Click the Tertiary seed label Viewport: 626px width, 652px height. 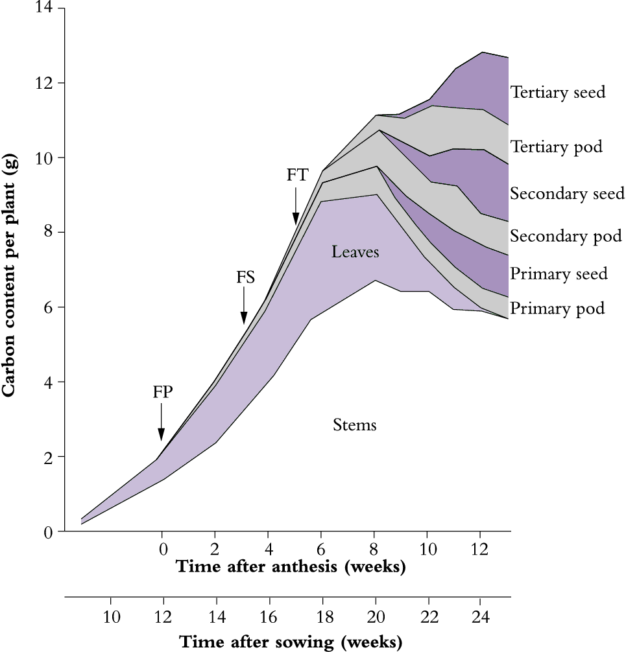click(x=558, y=92)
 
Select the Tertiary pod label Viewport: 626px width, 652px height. click(x=557, y=147)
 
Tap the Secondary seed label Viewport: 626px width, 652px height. click(x=567, y=193)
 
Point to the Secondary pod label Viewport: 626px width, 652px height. click(x=566, y=237)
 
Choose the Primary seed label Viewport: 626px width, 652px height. click(x=559, y=274)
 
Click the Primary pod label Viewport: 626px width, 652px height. click(x=557, y=308)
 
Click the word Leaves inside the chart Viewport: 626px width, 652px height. click(x=355, y=251)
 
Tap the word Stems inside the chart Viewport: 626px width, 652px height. click(x=355, y=425)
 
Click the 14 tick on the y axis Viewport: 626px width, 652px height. click(x=47, y=9)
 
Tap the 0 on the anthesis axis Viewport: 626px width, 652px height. click(x=162, y=548)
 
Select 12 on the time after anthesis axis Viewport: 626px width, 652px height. click(x=479, y=548)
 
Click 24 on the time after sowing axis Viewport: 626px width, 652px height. click(x=479, y=614)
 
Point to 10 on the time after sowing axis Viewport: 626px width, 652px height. click(x=111, y=614)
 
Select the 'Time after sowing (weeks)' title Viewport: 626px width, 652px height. click(x=291, y=642)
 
